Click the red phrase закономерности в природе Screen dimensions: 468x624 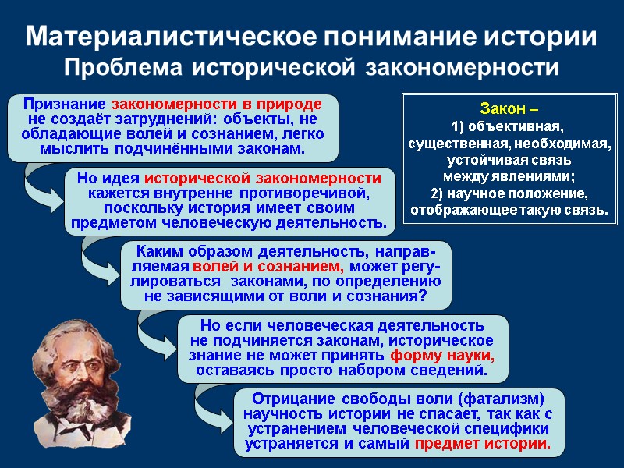coord(216,105)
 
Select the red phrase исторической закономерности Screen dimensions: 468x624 coord(264,178)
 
